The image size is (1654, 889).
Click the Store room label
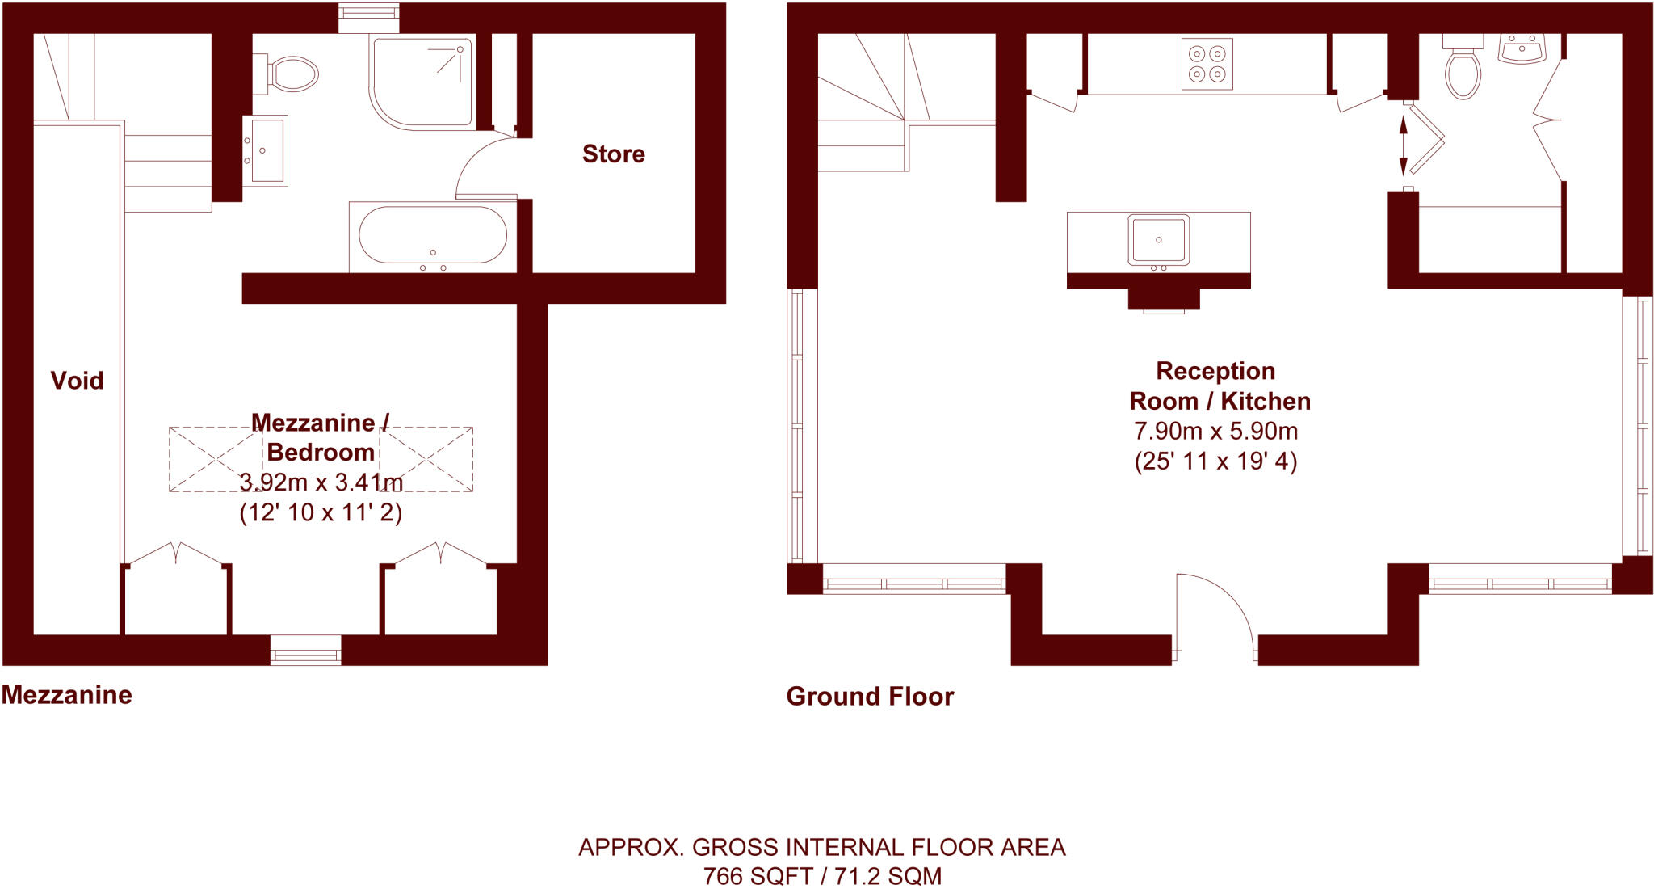613,154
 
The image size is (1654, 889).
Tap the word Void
77,380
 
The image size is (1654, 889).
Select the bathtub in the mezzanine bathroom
432,235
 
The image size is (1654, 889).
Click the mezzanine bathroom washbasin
266,150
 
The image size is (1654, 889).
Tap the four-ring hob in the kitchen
1207,64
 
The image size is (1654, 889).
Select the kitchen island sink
1158,240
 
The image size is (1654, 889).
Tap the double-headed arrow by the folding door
1403,145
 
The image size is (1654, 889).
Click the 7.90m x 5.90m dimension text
1215,431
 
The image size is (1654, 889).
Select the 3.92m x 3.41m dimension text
321,482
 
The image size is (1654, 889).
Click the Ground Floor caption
870,696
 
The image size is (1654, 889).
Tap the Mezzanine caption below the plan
67,694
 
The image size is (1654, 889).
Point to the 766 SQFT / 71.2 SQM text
822,876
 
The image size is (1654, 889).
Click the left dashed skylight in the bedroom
214,459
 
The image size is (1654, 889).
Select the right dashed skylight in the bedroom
426,459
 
